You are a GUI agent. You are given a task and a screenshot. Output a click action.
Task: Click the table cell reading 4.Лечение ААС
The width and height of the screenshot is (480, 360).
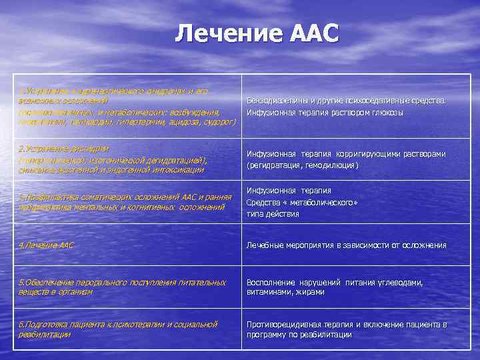[x=47, y=245]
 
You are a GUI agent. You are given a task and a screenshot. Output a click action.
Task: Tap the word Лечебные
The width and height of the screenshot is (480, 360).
[x=265, y=245]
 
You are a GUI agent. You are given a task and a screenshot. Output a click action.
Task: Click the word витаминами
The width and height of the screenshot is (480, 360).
[x=269, y=292]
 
